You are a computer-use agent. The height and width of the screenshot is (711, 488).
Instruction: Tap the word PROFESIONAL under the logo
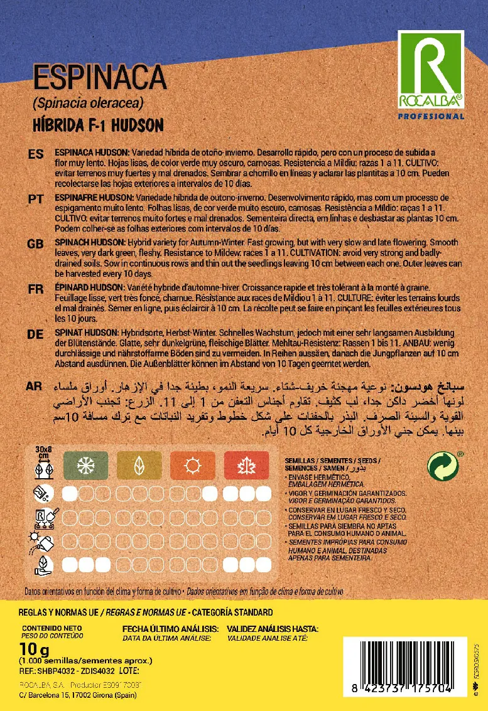coord(431,116)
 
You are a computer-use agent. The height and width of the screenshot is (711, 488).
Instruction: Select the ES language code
coord(36,154)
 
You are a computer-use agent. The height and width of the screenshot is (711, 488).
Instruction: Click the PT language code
coord(36,198)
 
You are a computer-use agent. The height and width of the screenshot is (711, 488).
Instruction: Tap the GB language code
coord(36,243)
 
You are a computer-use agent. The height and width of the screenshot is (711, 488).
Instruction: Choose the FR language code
coord(36,289)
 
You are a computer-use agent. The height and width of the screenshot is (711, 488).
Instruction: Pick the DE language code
coord(36,334)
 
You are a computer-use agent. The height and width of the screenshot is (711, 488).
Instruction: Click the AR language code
coord(36,385)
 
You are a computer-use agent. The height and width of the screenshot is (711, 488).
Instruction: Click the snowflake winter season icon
coord(85,466)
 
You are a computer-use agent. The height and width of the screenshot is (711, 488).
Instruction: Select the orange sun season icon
coord(193,466)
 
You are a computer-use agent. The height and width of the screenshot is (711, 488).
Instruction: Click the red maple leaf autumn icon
coord(246,466)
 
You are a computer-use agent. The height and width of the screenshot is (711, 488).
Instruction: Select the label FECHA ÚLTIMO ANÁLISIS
coord(170,628)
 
